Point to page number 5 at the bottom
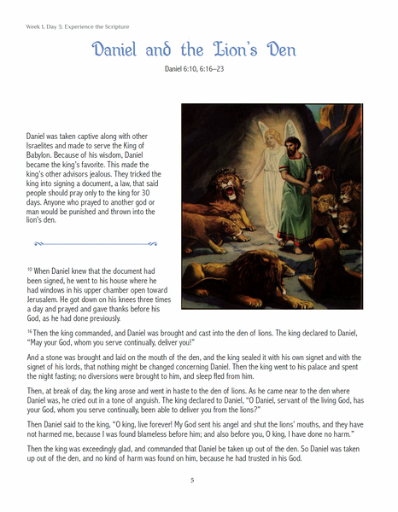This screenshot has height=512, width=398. (x=192, y=480)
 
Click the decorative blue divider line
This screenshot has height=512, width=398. (x=92, y=243)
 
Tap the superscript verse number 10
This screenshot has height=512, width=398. (x=29, y=269)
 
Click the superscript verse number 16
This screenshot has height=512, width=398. (x=29, y=329)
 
